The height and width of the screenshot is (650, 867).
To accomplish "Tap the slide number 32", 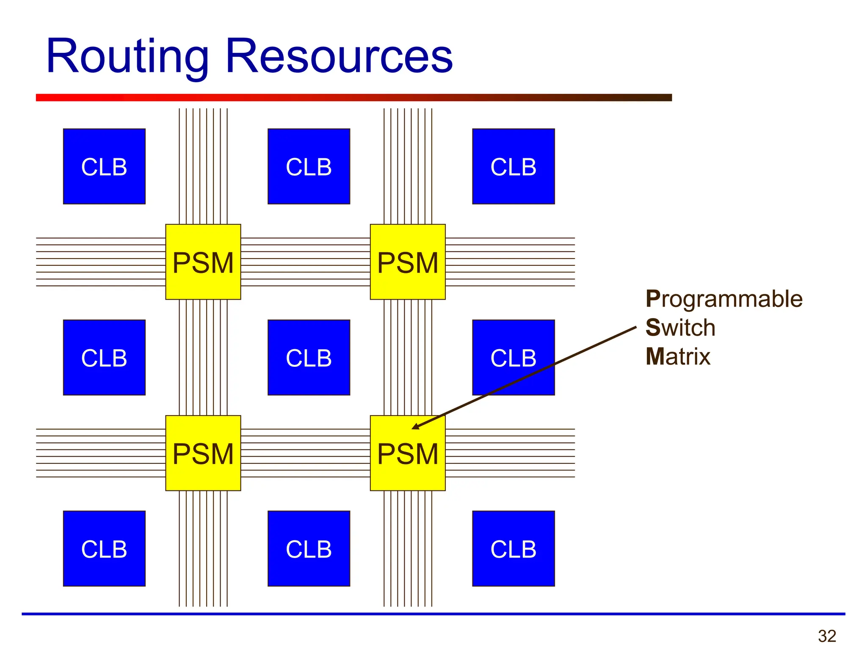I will click(x=827, y=636).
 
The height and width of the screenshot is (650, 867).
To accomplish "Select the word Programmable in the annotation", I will click(x=723, y=299).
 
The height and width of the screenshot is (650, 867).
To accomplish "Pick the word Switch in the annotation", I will click(x=680, y=328).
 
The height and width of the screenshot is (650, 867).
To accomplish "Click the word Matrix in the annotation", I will click(x=677, y=356).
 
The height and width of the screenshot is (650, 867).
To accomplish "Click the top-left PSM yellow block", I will click(x=203, y=262).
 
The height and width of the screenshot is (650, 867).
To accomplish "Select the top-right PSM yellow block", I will click(x=408, y=262).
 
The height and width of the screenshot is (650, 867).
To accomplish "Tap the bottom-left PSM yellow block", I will click(x=203, y=453).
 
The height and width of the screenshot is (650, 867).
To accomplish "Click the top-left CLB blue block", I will click(x=104, y=166).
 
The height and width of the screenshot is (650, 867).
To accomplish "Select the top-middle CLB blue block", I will click(x=309, y=166).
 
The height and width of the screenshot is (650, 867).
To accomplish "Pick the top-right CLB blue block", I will click(x=513, y=166).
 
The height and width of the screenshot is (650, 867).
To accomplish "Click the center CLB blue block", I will click(x=309, y=358).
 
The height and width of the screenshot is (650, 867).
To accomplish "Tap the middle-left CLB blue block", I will click(x=104, y=358).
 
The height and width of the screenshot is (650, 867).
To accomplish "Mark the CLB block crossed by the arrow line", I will click(x=513, y=358).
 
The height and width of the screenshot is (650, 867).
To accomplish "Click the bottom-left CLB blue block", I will click(x=104, y=548).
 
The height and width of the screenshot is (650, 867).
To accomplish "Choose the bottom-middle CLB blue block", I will click(x=309, y=548).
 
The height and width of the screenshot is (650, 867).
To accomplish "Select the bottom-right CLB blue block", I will click(x=513, y=548).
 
